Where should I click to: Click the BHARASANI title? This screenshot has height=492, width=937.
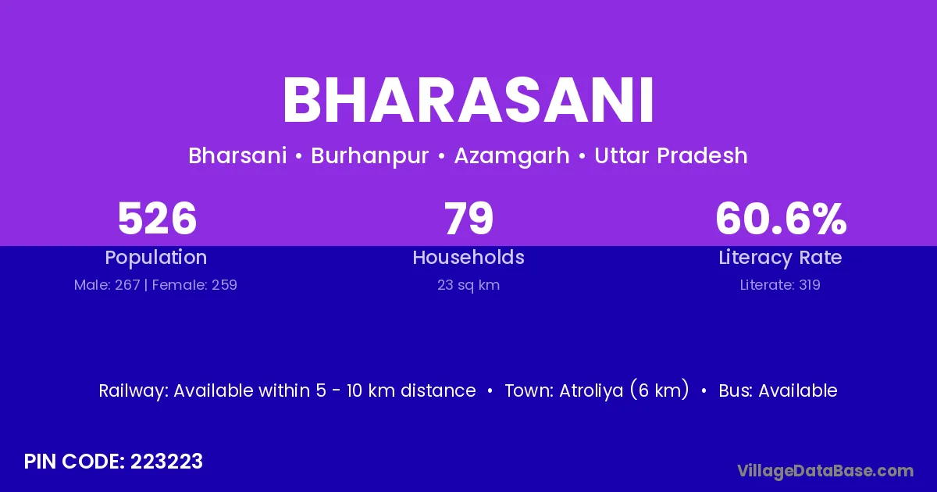[468, 100]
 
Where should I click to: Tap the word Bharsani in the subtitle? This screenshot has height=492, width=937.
[237, 155]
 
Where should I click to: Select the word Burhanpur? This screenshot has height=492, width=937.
[370, 156]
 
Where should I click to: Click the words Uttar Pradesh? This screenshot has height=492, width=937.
[671, 155]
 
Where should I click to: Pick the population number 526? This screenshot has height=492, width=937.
[157, 218]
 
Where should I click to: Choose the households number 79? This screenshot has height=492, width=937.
[468, 218]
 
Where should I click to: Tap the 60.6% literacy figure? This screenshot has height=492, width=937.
[781, 218]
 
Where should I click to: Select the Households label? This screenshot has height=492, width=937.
[468, 257]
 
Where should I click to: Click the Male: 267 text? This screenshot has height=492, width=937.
[107, 285]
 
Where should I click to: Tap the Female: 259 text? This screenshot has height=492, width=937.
[194, 285]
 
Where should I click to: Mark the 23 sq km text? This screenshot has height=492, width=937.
[468, 285]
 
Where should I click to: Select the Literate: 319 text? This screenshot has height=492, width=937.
[780, 285]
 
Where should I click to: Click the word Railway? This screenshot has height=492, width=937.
[134, 391]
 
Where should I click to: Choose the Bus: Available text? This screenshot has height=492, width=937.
[778, 390]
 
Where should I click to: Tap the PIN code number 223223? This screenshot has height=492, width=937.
[166, 462]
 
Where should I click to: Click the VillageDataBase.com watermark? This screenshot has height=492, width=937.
[826, 472]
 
